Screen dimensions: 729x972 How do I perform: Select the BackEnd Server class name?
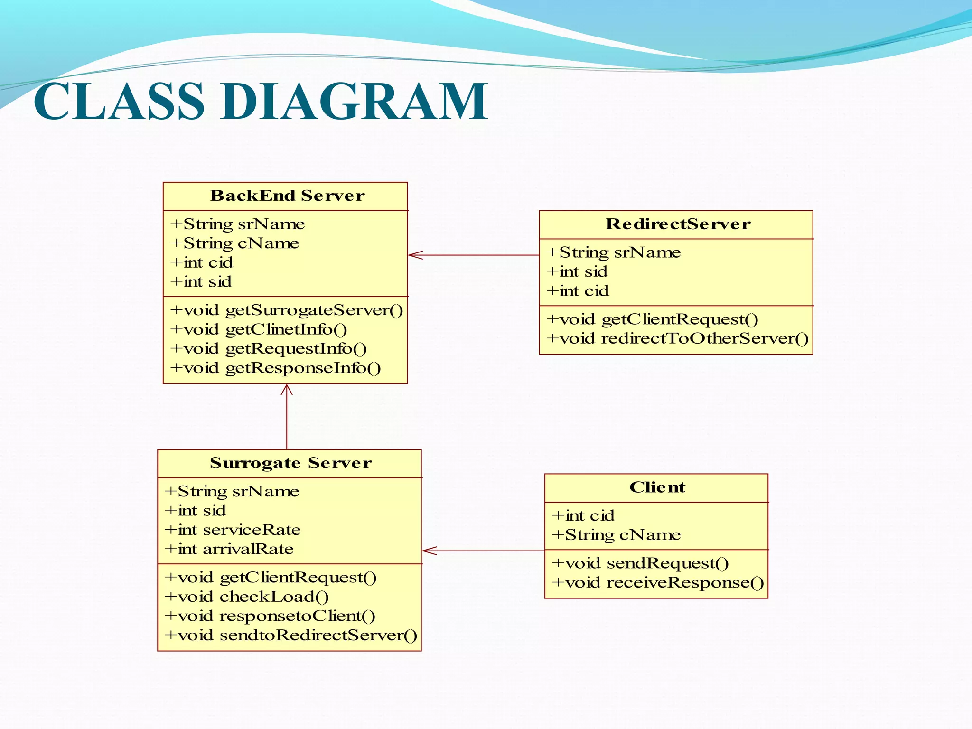[x=287, y=196]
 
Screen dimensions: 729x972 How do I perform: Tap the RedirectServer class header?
[x=678, y=224]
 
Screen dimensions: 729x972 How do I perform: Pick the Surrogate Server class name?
[x=290, y=463]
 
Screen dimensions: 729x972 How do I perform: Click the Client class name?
[x=657, y=487]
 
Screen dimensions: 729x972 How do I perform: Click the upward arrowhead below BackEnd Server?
[x=287, y=390]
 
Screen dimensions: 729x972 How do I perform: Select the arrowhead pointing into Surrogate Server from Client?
[x=428, y=551]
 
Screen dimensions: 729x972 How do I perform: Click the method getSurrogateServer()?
[x=287, y=310]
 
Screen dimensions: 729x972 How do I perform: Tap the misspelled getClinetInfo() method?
[x=259, y=329]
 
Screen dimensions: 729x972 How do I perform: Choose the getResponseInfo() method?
[x=276, y=368]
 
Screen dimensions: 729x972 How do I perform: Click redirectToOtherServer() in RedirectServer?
[x=677, y=338]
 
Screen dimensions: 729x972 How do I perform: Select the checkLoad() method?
[x=247, y=597]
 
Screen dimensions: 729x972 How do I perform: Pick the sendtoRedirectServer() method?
[x=290, y=635]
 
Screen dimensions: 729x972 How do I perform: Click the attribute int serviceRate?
[x=233, y=530]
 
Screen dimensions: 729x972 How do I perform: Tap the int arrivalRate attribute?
[x=229, y=549]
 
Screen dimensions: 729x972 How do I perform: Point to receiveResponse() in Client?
[x=658, y=582]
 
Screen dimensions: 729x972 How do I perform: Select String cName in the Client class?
[x=617, y=535]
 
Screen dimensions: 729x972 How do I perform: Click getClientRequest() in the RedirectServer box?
[x=652, y=319]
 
